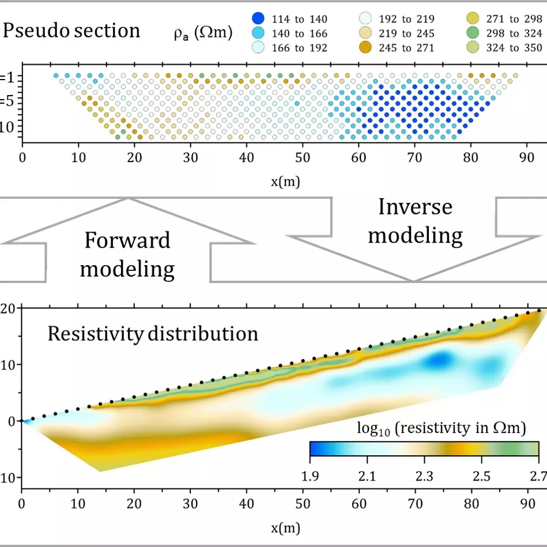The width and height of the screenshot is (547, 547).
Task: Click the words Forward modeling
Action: point(127,254)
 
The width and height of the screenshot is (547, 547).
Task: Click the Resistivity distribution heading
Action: point(153,334)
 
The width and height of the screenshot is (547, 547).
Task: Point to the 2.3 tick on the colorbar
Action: point(424,476)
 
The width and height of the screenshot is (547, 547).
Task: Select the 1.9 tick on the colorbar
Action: point(310,476)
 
